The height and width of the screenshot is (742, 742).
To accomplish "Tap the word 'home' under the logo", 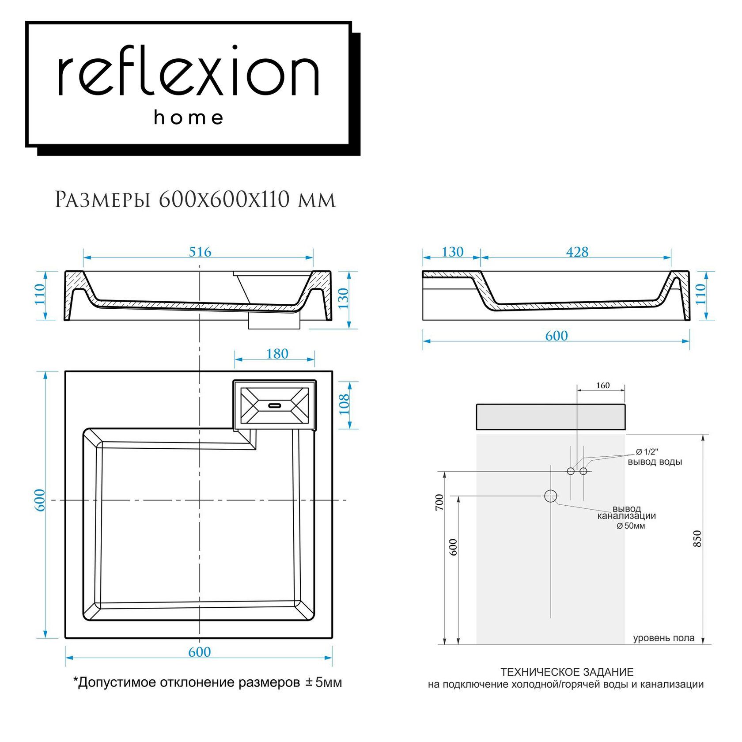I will coord(189,118).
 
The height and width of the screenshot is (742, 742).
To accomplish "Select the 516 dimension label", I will coord(200,252).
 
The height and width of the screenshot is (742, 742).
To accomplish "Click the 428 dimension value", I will coord(577,252).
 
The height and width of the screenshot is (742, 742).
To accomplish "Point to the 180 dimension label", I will coord(277,354).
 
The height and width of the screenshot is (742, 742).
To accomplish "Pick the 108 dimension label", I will coord(344,404).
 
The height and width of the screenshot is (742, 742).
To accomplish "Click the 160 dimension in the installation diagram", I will coord(602,386).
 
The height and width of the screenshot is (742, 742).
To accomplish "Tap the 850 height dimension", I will coord(697,539).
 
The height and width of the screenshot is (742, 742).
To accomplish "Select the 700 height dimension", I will coord(439,503).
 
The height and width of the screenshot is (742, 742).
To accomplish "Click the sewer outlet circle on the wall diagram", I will coord(550,496).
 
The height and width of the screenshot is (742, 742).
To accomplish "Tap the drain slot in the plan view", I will coord(275,404).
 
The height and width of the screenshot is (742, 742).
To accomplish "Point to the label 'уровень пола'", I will coord(663,638).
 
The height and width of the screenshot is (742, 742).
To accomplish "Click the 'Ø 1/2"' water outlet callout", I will coord(647,452).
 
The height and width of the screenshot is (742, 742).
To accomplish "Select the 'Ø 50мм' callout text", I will coord(631,526).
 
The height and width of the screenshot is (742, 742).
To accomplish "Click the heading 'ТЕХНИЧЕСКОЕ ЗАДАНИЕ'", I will coord(567,672).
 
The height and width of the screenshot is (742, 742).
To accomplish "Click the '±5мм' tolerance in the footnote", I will coord(324,683).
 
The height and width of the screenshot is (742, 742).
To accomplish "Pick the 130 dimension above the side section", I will coord(452,252).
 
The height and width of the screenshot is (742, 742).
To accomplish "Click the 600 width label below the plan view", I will coord(199,652).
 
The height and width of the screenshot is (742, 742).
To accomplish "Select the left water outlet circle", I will coord(571,471).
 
